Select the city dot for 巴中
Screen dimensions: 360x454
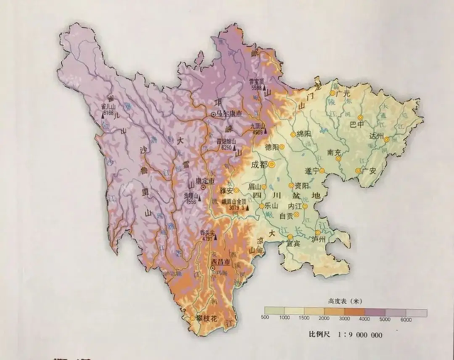point(360,118)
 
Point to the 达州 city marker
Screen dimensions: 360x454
point(385,140)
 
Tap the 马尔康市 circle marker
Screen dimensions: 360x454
point(213,114)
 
